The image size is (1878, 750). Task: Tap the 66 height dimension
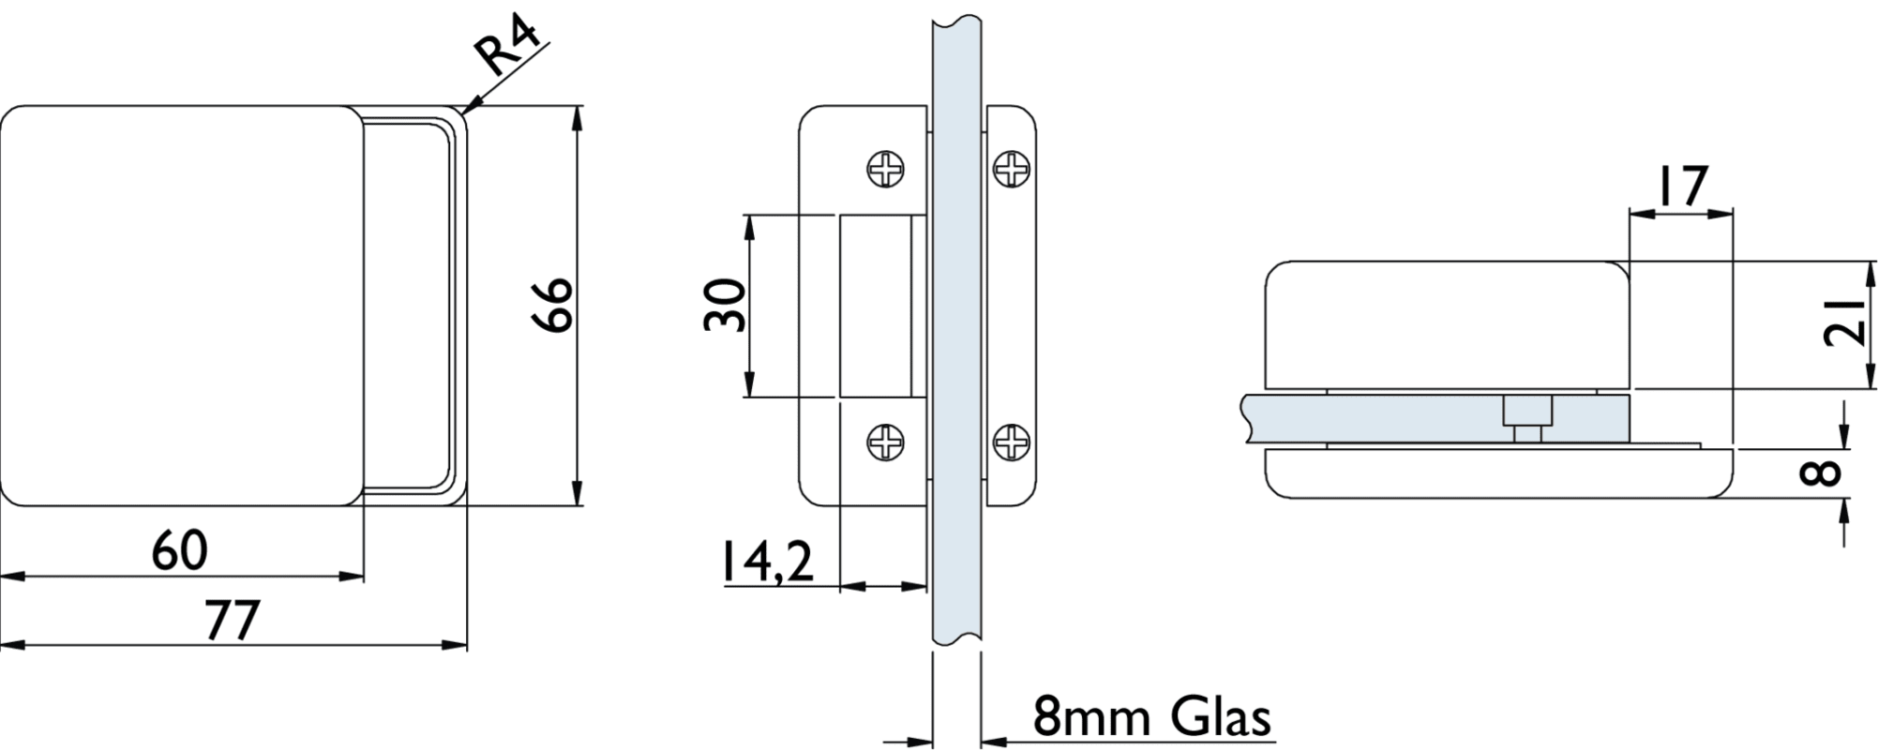click(551, 305)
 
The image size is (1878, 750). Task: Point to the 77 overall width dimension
click(232, 621)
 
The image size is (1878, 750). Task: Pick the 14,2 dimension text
click(767, 561)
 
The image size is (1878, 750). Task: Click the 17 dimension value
click(1682, 186)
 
